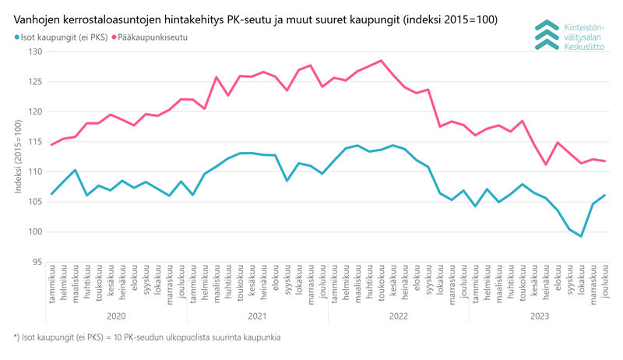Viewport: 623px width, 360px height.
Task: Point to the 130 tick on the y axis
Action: [x=36, y=51]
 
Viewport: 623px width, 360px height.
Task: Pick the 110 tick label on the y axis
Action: [x=36, y=171]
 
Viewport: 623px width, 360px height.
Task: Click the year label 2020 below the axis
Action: [x=116, y=316]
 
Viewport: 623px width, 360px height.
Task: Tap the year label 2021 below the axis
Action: [x=257, y=316]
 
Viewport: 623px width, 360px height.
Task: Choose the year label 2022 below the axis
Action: [x=398, y=316]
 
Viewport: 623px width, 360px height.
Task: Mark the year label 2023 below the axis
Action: [x=539, y=316]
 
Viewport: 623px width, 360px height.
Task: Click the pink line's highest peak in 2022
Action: [x=381, y=61]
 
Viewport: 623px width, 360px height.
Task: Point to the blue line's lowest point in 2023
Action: [x=581, y=236]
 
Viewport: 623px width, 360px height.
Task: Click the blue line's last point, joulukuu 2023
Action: [x=605, y=195]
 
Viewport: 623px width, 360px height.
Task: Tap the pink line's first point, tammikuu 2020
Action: [x=51, y=145]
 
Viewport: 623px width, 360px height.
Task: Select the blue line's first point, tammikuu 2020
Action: [x=51, y=194]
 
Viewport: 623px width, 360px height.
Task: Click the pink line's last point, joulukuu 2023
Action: [x=605, y=161]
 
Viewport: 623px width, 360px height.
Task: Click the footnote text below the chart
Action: [x=147, y=337]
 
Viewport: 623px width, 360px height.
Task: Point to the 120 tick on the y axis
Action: [x=36, y=111]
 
